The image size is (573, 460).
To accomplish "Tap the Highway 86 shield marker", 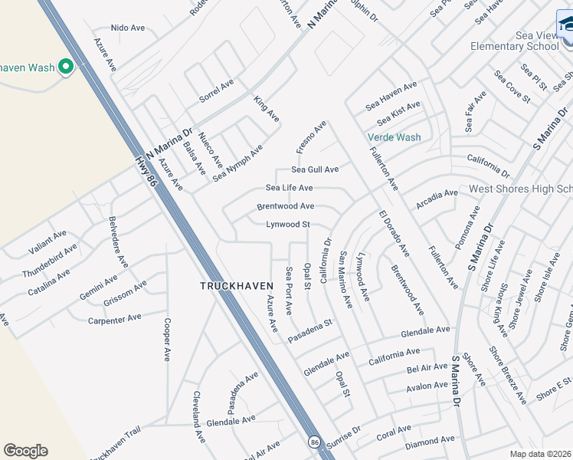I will [314, 442].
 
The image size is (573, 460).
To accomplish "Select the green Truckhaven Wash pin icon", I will [65, 67].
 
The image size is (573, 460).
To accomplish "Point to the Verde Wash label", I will [394, 137].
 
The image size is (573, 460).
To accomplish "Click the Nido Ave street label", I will [128, 28].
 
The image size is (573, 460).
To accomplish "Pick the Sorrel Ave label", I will [216, 90].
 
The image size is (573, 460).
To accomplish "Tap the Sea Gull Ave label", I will [314, 169].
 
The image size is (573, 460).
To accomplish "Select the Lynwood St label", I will [287, 225].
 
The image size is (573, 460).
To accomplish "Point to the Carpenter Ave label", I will [114, 317].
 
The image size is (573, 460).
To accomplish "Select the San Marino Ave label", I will [345, 280].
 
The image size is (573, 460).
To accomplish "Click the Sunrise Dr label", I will [344, 436].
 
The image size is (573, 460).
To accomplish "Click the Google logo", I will [25, 451].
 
